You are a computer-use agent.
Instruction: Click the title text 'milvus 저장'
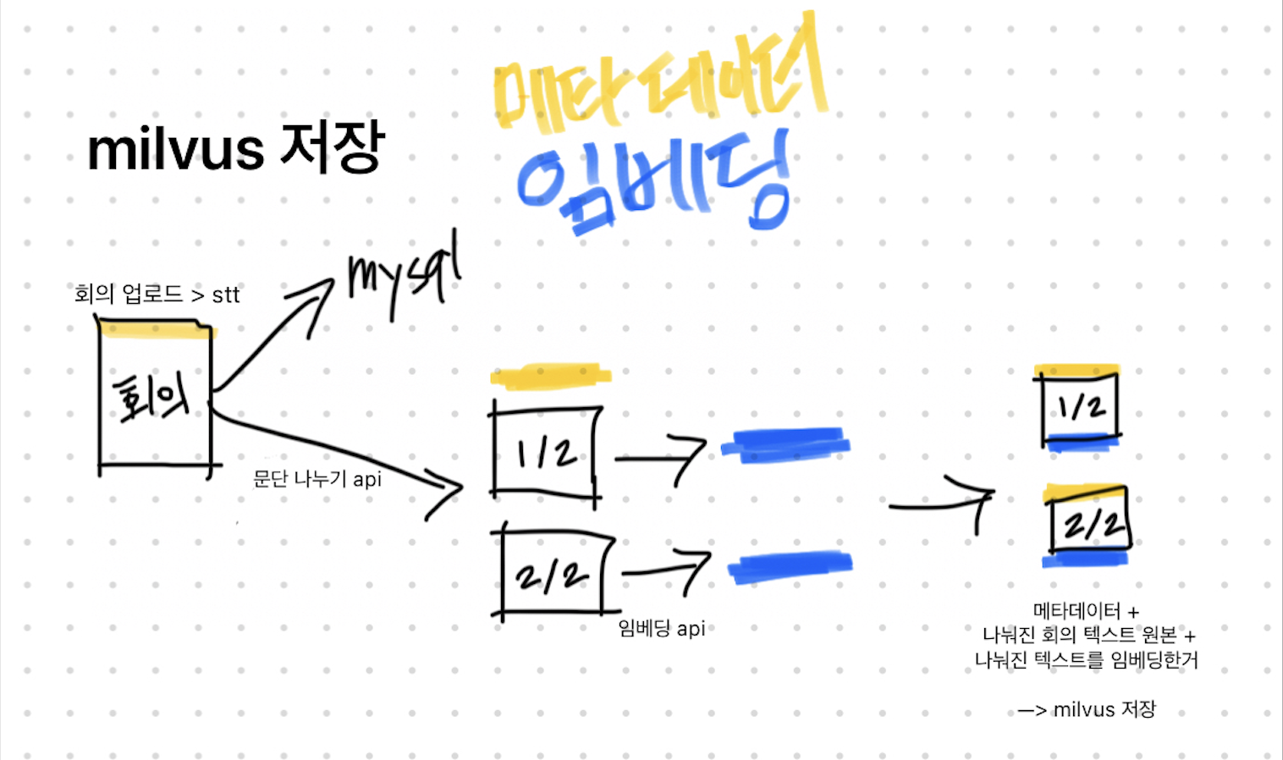[236, 149]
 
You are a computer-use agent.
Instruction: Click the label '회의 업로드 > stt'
[157, 295]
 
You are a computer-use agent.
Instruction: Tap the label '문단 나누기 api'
[317, 479]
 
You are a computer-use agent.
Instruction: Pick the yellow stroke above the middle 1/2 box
[551, 375]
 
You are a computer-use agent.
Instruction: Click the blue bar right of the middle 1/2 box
[786, 445]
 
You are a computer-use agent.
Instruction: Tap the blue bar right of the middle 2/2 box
[790, 566]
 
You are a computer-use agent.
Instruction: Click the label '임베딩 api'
[661, 628]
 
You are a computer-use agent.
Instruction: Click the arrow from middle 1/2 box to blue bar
[661, 459]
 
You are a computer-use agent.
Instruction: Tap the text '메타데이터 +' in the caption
[1086, 610]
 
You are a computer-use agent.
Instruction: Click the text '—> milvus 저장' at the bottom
[1087, 709]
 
